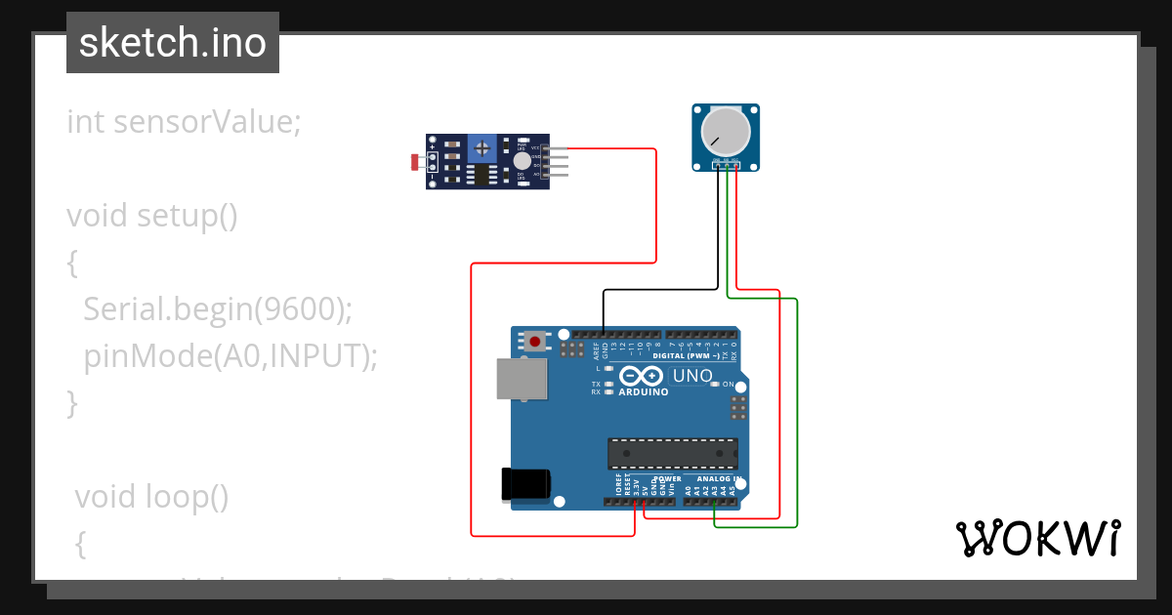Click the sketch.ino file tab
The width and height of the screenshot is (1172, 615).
[x=172, y=43]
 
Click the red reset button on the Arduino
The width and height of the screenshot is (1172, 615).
[x=535, y=342]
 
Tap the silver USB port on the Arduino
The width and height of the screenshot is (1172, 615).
[x=523, y=379]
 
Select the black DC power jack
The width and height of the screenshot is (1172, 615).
[x=525, y=485]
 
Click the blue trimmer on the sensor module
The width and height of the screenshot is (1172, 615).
[x=481, y=149]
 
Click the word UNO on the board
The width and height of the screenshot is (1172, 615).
[x=692, y=377]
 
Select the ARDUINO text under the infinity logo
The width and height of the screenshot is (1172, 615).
[x=643, y=392]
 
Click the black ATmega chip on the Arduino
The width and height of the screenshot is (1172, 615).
[x=673, y=454]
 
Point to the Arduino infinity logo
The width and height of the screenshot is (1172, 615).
[x=643, y=377]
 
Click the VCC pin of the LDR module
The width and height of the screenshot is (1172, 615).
[x=557, y=148]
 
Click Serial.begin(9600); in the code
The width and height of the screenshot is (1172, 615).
[x=217, y=308]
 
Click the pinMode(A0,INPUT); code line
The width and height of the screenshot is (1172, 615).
[x=230, y=355]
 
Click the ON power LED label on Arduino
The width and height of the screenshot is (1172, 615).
[x=728, y=385]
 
